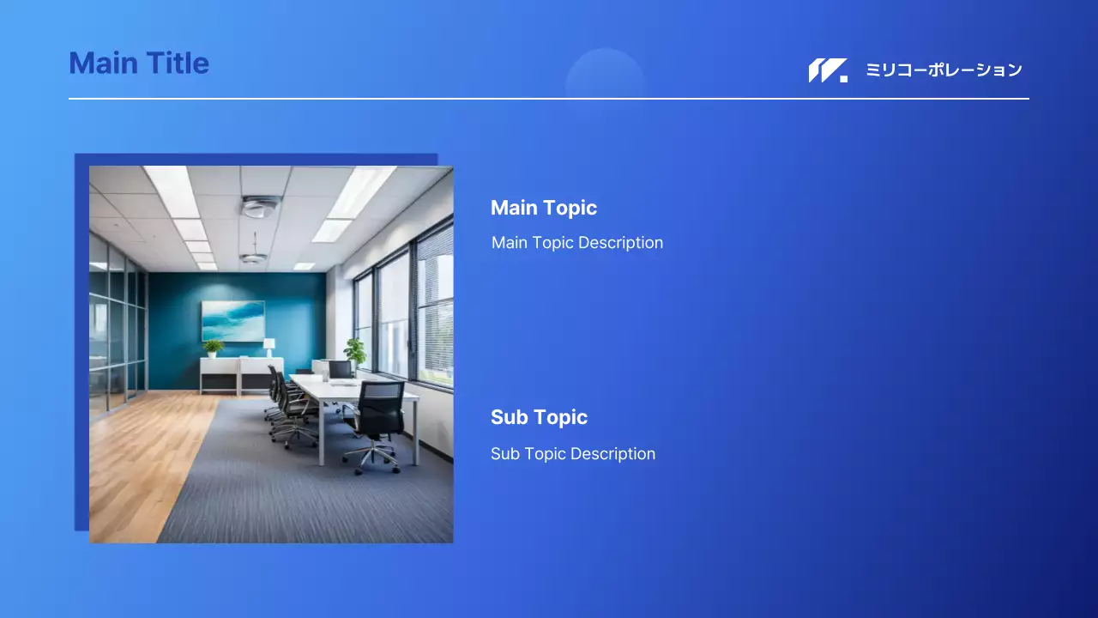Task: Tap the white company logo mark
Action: point(828,70)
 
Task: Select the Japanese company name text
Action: point(944,70)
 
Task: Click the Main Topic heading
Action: point(544,208)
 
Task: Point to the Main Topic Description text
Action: point(577,243)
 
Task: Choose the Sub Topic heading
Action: point(540,417)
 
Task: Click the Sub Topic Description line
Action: point(573,454)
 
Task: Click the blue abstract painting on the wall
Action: point(233,321)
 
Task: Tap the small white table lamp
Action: point(268,348)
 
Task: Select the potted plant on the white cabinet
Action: point(213,348)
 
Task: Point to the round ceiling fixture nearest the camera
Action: point(261,206)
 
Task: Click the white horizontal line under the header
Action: point(548,99)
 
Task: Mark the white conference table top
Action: point(347,387)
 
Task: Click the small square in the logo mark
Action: point(843,79)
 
